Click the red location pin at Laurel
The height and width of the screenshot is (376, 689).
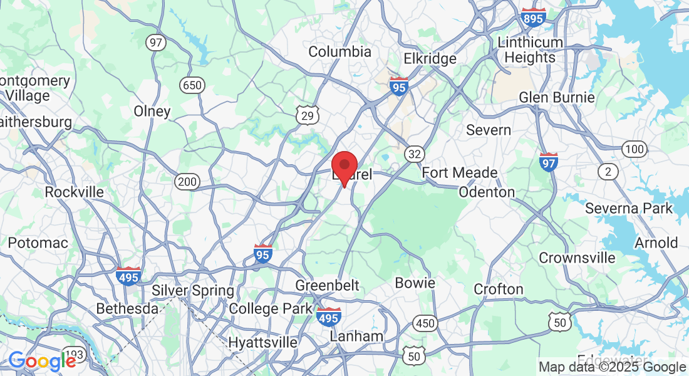pos(344,166)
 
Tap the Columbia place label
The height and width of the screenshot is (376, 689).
pos(340,51)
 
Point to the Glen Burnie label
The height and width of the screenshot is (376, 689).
pos(557,98)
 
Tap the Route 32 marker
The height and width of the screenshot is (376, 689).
pos(414,154)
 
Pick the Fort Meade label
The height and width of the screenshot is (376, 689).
pos(460,172)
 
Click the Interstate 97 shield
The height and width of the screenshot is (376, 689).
pos(548,162)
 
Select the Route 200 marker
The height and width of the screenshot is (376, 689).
pos(187,182)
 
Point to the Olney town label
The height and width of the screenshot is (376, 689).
pos(152,112)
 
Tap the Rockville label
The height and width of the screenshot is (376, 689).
pos(75,192)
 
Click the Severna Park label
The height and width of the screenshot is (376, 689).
pos(629,208)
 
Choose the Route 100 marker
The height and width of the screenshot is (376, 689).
pos(635,149)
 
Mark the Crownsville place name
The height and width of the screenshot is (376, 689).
pos(578,258)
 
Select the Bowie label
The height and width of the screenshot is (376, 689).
pos(415,283)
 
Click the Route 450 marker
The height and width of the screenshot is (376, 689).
pos(425,324)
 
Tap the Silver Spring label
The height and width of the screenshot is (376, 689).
pos(193,291)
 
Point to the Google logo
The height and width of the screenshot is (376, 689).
pos(43,362)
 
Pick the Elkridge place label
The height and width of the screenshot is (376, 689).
pos(430,59)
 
